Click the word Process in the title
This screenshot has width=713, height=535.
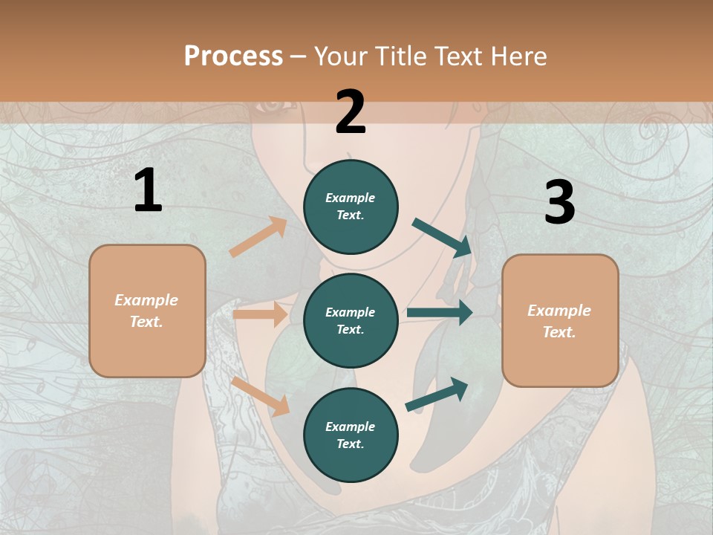tap(233, 56)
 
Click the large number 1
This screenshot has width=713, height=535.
tap(148, 191)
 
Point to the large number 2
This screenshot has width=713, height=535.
tap(351, 112)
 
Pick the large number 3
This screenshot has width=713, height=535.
tap(559, 203)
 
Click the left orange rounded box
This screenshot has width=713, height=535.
tap(147, 311)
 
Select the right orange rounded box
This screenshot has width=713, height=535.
tap(560, 321)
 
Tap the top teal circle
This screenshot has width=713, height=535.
tap(351, 207)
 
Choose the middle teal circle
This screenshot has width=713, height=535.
tap(351, 320)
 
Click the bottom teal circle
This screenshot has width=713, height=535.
tap(351, 435)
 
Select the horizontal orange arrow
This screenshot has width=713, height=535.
tap(260, 314)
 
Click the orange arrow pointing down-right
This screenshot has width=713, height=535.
tap(260, 396)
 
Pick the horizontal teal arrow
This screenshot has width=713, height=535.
tap(440, 313)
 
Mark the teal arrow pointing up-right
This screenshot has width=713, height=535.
tap(437, 395)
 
